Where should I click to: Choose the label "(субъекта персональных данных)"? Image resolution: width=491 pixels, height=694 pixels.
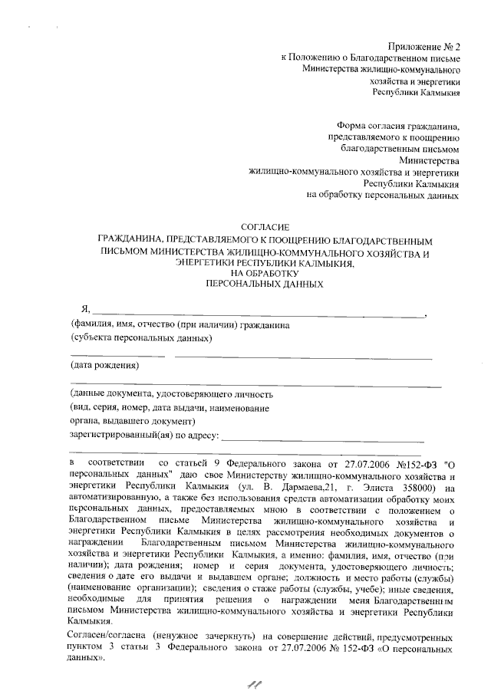click(141, 337)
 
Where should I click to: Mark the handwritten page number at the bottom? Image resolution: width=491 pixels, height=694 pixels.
click(248, 682)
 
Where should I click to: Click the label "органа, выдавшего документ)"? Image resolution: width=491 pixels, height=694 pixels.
click(133, 421)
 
